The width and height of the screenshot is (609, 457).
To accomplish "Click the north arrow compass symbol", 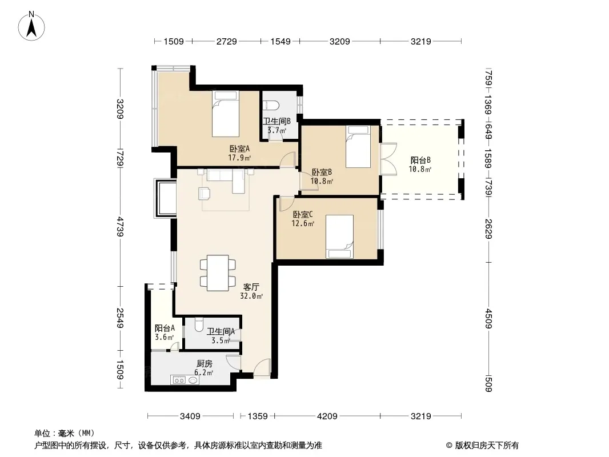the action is click(x=31, y=26).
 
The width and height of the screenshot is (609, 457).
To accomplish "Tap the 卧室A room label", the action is click(x=239, y=149).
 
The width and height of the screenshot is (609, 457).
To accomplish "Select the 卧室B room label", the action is click(x=322, y=172).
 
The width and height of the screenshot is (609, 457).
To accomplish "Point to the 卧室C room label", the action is click(x=303, y=214).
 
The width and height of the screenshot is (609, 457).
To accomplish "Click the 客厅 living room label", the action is click(x=251, y=287).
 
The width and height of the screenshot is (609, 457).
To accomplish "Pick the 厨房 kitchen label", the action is click(x=205, y=364).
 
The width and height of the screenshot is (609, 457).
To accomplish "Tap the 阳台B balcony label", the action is click(x=420, y=160).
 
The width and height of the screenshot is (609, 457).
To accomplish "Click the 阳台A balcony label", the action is click(x=165, y=328).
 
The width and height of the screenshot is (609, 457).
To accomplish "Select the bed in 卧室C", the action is click(x=339, y=236).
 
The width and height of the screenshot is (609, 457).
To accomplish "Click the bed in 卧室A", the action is click(x=225, y=114).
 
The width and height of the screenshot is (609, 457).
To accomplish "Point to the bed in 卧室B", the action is click(x=358, y=147).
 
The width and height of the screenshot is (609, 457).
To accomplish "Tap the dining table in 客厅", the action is click(x=218, y=273).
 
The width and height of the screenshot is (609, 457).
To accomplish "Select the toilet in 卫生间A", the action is click(x=198, y=324).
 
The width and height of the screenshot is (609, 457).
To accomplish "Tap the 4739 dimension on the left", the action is click(x=120, y=227).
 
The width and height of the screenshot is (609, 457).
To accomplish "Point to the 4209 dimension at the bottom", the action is click(x=327, y=416).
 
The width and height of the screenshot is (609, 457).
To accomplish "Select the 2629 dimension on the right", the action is click(x=488, y=229).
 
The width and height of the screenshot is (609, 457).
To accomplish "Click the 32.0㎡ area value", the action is click(x=251, y=296).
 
